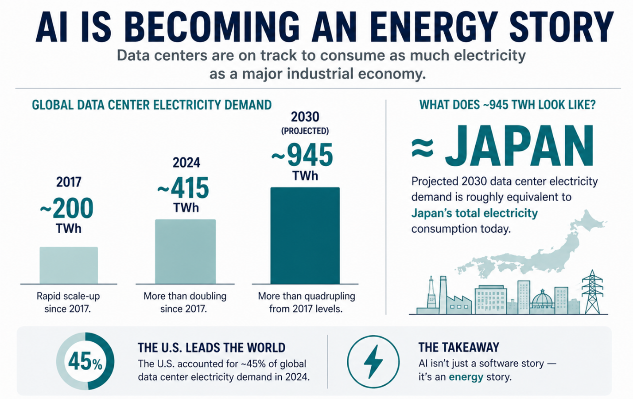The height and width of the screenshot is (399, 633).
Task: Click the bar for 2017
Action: pyautogui.click(x=69, y=265)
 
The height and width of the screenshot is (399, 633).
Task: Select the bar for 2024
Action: pyautogui.click(x=185, y=251)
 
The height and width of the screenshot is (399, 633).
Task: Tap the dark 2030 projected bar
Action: pyautogui.click(x=305, y=235)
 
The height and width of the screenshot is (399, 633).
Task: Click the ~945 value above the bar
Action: pyautogui.click(x=302, y=155)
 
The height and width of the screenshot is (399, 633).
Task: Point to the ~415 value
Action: pyautogui.click(x=183, y=188)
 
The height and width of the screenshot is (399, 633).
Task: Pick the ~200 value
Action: pyautogui.click(x=67, y=208)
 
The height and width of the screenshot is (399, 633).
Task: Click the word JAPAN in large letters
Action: pyautogui.click(x=519, y=146)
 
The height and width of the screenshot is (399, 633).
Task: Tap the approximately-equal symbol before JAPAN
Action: pyautogui.click(x=422, y=148)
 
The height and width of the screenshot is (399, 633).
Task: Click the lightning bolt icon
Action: pyautogui.click(x=373, y=361)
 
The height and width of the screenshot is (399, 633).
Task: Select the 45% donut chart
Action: pyautogui.click(x=85, y=361)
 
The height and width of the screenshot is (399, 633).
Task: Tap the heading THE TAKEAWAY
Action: pyautogui.click(x=458, y=347)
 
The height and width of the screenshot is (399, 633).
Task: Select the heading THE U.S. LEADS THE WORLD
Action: pyautogui.click(x=211, y=348)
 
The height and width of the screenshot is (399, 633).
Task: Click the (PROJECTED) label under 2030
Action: pyautogui.click(x=305, y=131)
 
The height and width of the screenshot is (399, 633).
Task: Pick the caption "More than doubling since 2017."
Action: pyautogui.click(x=185, y=302)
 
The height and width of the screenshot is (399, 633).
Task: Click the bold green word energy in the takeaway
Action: pyautogui.click(x=466, y=377)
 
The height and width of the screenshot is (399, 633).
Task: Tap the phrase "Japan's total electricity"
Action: pyautogui.click(x=474, y=213)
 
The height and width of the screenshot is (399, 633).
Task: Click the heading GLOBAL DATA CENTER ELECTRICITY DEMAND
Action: pyautogui.click(x=151, y=105)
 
